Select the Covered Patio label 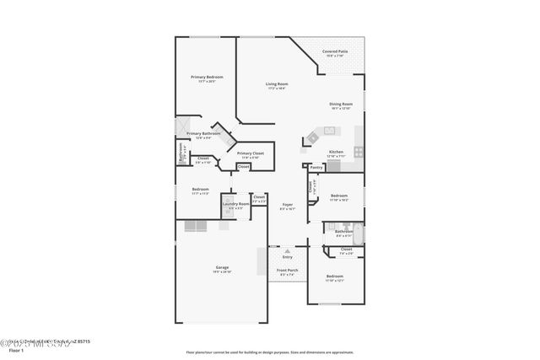[337, 52]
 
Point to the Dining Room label [341, 104]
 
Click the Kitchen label [335, 152]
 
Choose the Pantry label [316, 168]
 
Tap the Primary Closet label [251, 153]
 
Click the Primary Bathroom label [203, 133]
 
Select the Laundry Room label [235, 203]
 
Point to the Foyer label [287, 204]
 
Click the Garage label [222, 268]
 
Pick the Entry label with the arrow [287, 255]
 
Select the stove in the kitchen [358, 153]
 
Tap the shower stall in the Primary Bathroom [181, 126]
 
